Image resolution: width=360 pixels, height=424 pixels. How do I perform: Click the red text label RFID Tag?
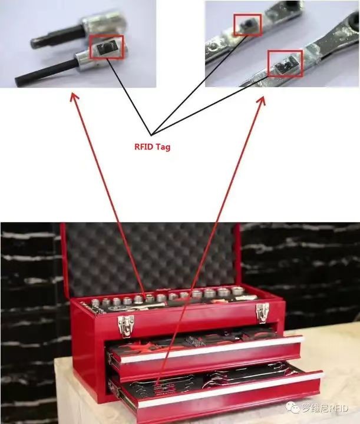(x=152, y=147)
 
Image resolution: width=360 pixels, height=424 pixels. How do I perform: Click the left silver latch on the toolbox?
(x=125, y=326)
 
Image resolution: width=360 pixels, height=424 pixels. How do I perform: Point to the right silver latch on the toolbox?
(x=262, y=313)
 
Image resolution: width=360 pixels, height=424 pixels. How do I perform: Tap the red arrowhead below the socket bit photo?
(x=74, y=97)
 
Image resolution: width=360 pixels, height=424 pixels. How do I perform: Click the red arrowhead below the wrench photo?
(x=262, y=101)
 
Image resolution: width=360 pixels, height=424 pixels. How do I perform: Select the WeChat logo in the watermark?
(x=293, y=408)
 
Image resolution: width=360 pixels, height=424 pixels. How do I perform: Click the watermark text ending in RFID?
(x=325, y=408)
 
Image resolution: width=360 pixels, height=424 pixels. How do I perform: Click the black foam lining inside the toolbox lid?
(x=151, y=257)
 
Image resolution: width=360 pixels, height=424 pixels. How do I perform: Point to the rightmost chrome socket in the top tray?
(x=237, y=291)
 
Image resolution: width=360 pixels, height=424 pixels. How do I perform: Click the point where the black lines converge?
(x=151, y=135)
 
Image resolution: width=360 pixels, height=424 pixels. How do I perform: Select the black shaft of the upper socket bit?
(x=57, y=37)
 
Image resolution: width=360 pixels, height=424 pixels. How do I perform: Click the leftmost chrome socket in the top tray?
(x=95, y=303)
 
